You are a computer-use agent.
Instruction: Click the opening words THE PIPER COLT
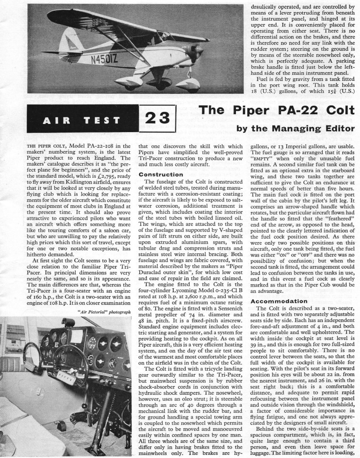(43, 146)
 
